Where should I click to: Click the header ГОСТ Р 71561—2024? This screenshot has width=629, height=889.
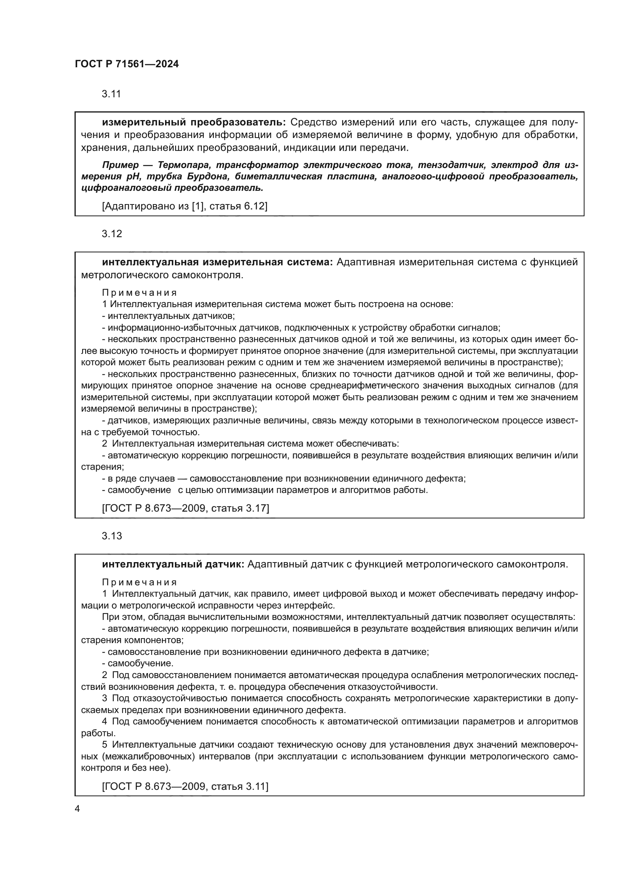[127, 64]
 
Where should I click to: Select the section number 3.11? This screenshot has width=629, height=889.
[111, 94]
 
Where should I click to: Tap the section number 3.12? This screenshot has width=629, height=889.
[111, 233]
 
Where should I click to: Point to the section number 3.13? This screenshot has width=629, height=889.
[111, 536]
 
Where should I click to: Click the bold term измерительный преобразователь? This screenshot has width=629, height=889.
[194, 122]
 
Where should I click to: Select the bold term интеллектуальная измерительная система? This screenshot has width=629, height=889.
[217, 262]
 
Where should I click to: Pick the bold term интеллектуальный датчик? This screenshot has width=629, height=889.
[173, 564]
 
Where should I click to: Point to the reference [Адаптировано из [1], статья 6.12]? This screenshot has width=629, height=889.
[185, 206]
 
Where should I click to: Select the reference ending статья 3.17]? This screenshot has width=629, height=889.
[186, 508]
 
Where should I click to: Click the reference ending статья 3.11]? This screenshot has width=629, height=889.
[185, 786]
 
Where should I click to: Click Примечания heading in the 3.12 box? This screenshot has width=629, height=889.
[140, 293]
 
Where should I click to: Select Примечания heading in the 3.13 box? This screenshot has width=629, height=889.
[140, 582]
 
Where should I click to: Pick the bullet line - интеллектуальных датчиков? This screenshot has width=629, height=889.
[168, 315]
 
